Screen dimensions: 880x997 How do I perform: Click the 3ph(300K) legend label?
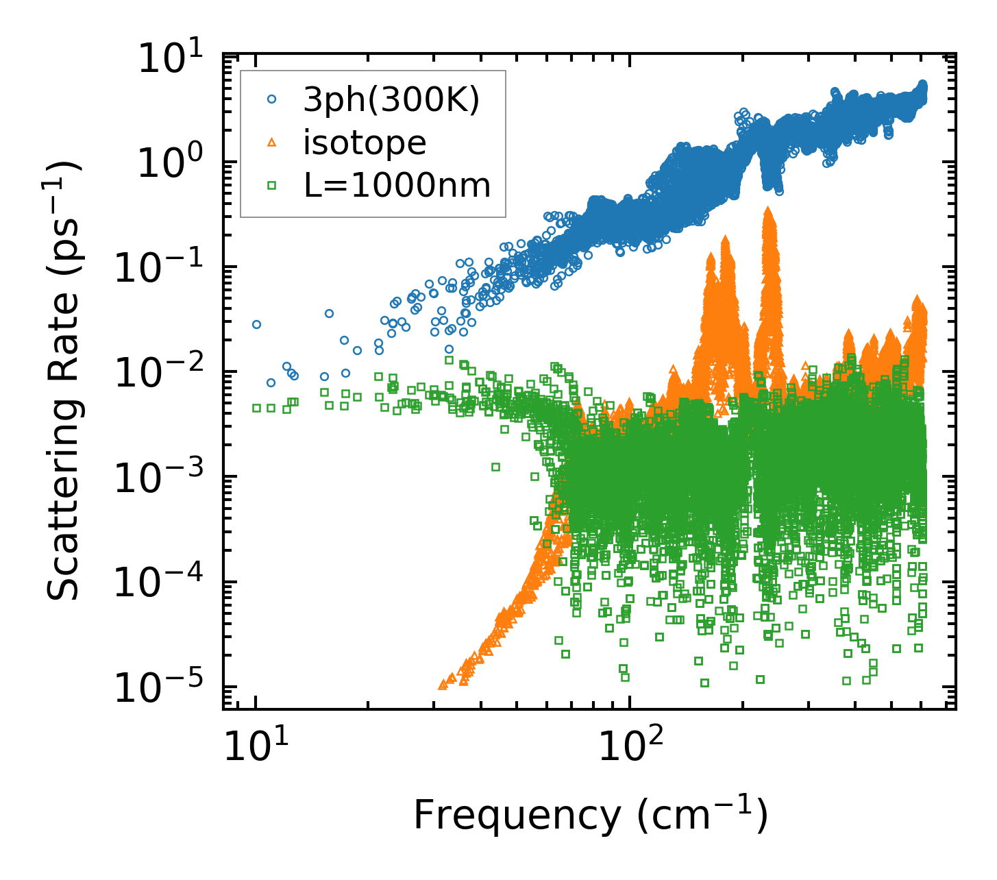(x=391, y=100)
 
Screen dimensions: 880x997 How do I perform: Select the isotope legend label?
(x=365, y=143)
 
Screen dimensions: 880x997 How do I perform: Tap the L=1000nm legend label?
(x=397, y=185)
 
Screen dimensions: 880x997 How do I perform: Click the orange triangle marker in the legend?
(x=271, y=143)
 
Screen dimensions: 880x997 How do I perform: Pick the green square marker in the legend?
(x=271, y=185)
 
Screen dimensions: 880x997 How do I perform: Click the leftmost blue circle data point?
(x=256, y=324)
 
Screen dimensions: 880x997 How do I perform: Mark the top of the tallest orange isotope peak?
(x=768, y=209)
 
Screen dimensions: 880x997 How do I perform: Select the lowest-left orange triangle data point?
(x=443, y=684)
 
